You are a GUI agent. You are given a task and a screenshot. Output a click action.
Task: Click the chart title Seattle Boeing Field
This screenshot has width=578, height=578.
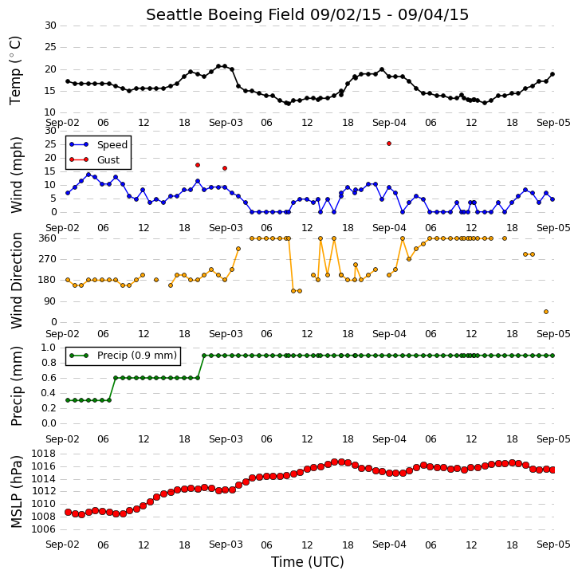(226, 14)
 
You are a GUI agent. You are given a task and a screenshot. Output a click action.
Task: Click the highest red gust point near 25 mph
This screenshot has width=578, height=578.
(389, 144)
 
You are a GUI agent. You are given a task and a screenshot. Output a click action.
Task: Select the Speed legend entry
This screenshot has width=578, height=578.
(98, 144)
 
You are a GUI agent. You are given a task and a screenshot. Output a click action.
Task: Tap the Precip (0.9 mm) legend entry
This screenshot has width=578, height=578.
(123, 356)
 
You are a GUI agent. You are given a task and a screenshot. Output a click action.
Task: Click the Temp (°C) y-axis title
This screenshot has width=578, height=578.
(15, 70)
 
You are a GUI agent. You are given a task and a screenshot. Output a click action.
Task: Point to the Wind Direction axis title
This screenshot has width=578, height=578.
(16, 281)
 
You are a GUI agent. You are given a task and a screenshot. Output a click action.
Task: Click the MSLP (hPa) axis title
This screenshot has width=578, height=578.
(16, 492)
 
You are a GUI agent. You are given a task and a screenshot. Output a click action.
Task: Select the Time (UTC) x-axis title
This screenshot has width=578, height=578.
(308, 562)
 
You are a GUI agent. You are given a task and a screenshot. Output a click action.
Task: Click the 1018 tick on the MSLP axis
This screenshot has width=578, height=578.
(44, 454)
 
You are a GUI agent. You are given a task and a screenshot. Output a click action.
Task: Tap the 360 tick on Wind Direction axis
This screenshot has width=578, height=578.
(48, 238)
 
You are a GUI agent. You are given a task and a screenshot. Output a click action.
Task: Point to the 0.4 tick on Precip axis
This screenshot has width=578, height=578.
(49, 393)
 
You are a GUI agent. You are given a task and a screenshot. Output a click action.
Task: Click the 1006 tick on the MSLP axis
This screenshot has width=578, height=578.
(44, 529)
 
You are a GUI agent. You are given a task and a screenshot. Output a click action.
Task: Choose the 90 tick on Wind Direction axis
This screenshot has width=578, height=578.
(51, 301)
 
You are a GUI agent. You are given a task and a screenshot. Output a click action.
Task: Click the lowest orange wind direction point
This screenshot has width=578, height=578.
(546, 312)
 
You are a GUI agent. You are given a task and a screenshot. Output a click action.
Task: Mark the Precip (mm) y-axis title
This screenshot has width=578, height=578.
(16, 387)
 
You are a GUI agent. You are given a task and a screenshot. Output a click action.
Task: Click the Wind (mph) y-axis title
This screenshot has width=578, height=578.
(16, 175)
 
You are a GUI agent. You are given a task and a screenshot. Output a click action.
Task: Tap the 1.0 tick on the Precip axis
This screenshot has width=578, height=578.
(49, 348)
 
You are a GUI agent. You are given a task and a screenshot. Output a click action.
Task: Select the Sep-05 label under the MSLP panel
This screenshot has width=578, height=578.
(553, 545)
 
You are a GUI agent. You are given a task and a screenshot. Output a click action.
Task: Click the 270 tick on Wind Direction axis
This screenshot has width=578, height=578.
(48, 259)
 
